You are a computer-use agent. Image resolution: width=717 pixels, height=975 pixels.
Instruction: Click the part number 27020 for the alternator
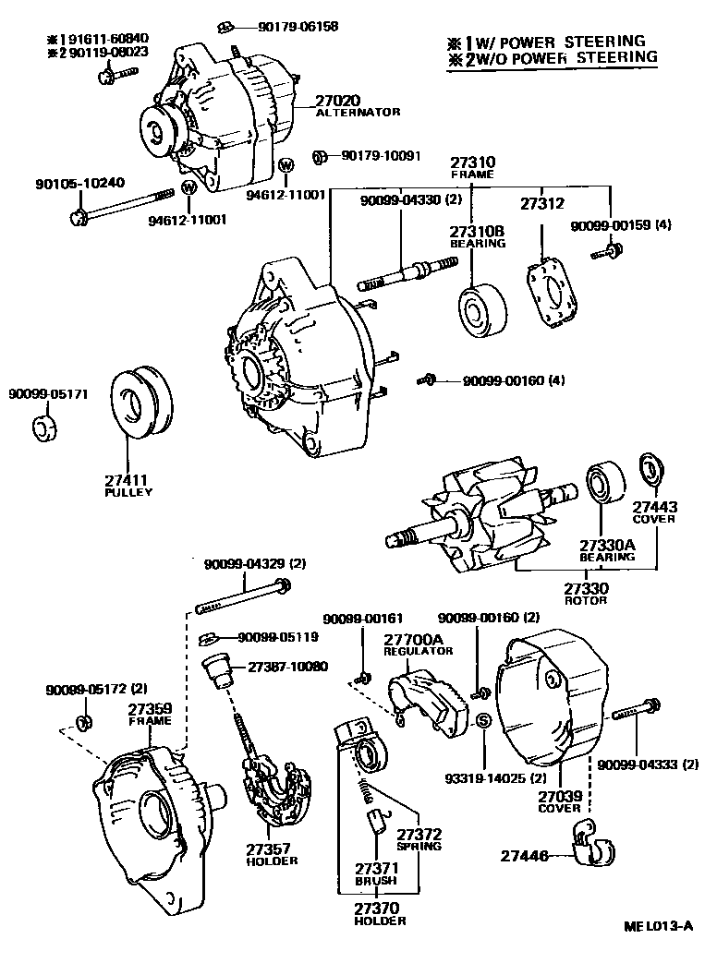coord(343,100)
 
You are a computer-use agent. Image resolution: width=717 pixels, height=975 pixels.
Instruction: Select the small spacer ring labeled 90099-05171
coord(43,427)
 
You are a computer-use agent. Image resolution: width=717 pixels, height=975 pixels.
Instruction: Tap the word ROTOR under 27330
coord(586,601)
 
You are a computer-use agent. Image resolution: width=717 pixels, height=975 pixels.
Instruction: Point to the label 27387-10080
coord(286,667)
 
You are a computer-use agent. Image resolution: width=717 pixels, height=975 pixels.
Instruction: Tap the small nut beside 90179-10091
coord(320,157)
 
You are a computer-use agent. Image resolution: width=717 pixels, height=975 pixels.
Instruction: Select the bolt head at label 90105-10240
coord(79,218)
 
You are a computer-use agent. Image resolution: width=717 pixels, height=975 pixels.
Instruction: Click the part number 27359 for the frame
coord(150,708)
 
